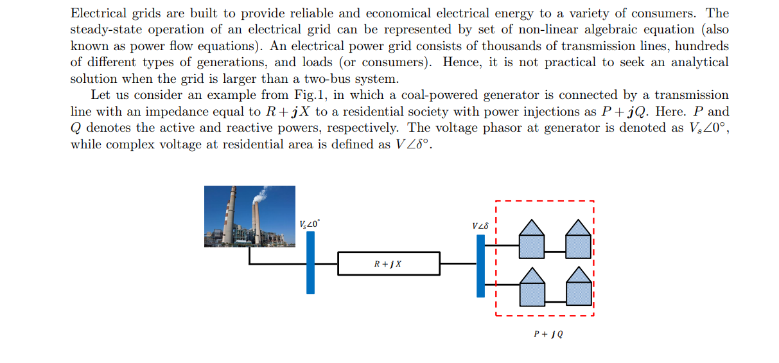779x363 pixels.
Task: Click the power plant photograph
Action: (250, 217)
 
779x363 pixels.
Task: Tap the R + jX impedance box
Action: (389, 263)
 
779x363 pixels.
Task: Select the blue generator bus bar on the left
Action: (310, 262)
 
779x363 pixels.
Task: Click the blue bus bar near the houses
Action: (480, 266)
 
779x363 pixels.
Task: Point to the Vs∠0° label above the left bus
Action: (309, 224)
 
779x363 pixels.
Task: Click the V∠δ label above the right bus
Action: (480, 226)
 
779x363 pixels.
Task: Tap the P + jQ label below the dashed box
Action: (548, 334)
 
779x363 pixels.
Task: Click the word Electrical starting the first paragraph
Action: (94, 13)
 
